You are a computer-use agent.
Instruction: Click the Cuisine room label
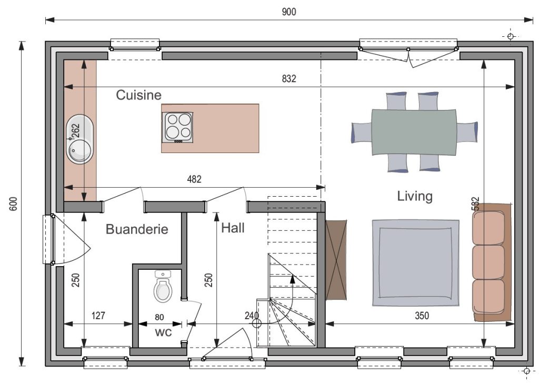point(138,95)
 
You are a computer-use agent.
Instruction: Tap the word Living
point(415,196)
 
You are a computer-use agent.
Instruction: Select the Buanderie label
point(137,229)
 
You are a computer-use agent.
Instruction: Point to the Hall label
point(233,228)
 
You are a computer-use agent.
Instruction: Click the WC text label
point(163,332)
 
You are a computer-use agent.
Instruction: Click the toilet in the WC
point(163,287)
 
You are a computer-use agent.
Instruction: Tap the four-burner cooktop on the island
point(177,127)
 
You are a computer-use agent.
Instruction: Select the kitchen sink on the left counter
point(80,139)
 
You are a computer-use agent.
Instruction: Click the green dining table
point(414,132)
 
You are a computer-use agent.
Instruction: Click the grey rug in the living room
point(415,263)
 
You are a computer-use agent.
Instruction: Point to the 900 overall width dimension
point(289,12)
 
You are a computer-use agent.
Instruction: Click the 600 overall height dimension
point(13,204)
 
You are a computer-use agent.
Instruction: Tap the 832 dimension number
point(289,79)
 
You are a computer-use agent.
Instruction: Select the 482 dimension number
point(194,179)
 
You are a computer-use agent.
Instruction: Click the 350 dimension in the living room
point(422,315)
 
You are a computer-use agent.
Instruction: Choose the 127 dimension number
point(98,315)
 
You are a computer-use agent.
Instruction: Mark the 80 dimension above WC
point(159,317)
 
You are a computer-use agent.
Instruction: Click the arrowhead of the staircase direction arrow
point(293,279)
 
